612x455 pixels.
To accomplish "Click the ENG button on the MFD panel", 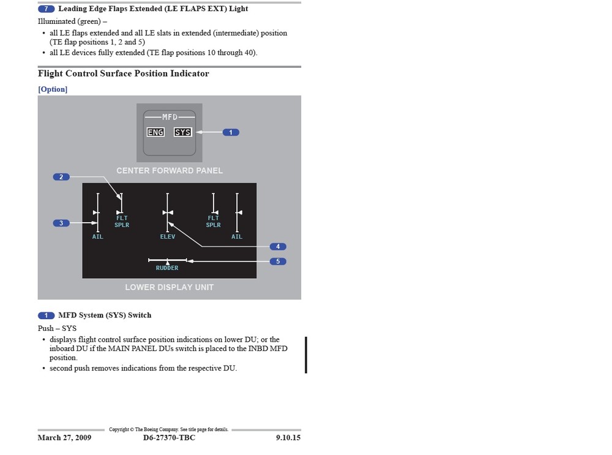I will click(155, 132).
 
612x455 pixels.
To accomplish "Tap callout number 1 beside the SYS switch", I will click(231, 132).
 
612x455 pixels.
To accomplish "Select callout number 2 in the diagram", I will click(61, 177).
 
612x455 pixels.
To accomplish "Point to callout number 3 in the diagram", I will click(61, 223).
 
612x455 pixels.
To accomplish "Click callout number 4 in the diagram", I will click(278, 246).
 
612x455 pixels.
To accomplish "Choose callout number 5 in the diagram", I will click(278, 261).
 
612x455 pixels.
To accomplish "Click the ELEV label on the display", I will click(168, 237).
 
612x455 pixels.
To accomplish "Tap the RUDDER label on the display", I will click(167, 268).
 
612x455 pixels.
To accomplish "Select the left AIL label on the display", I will click(98, 237).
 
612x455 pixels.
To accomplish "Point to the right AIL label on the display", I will click(237, 237).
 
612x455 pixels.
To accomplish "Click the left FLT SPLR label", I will click(122, 221).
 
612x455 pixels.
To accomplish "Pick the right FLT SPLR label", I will click(213, 221).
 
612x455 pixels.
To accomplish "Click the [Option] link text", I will click(53, 89).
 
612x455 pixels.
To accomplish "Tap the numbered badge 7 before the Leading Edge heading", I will click(47, 9).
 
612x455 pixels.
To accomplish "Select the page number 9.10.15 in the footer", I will click(288, 438).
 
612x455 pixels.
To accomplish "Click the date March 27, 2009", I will click(64, 438).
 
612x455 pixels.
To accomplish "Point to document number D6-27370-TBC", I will click(170, 438).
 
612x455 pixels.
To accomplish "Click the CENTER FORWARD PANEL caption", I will click(170, 171).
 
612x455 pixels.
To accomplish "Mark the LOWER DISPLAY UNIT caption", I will click(170, 287).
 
